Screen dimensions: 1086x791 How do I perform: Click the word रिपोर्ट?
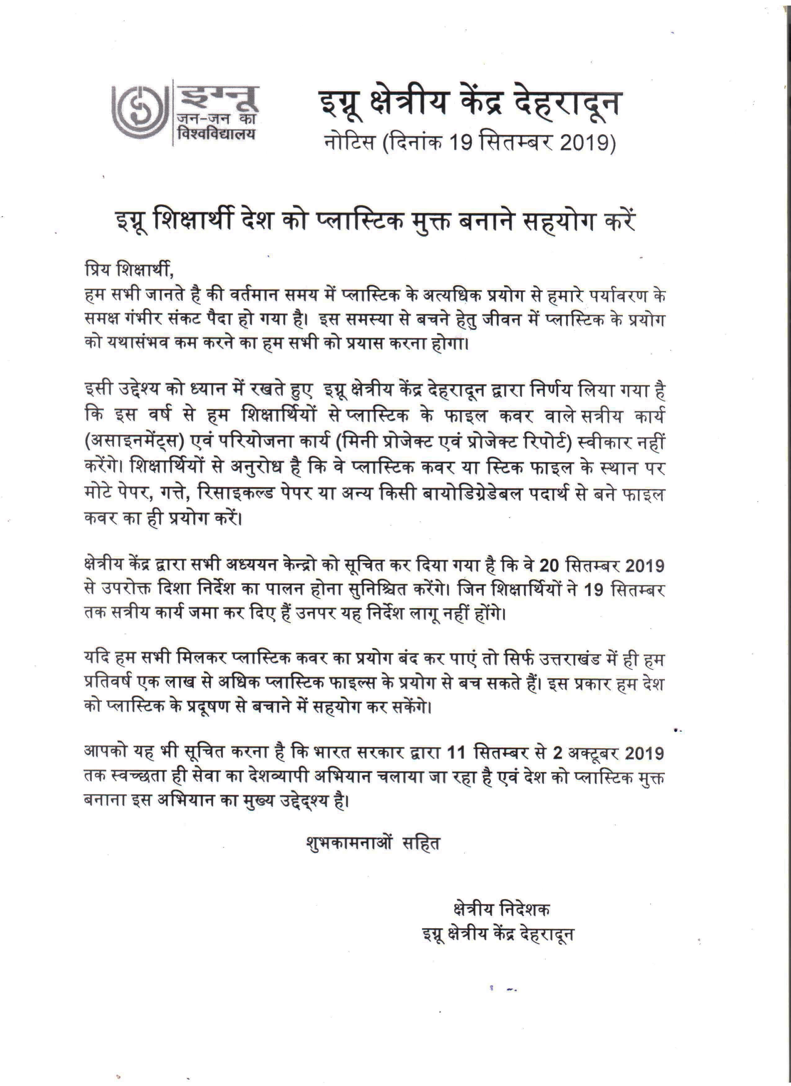click(x=546, y=442)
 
